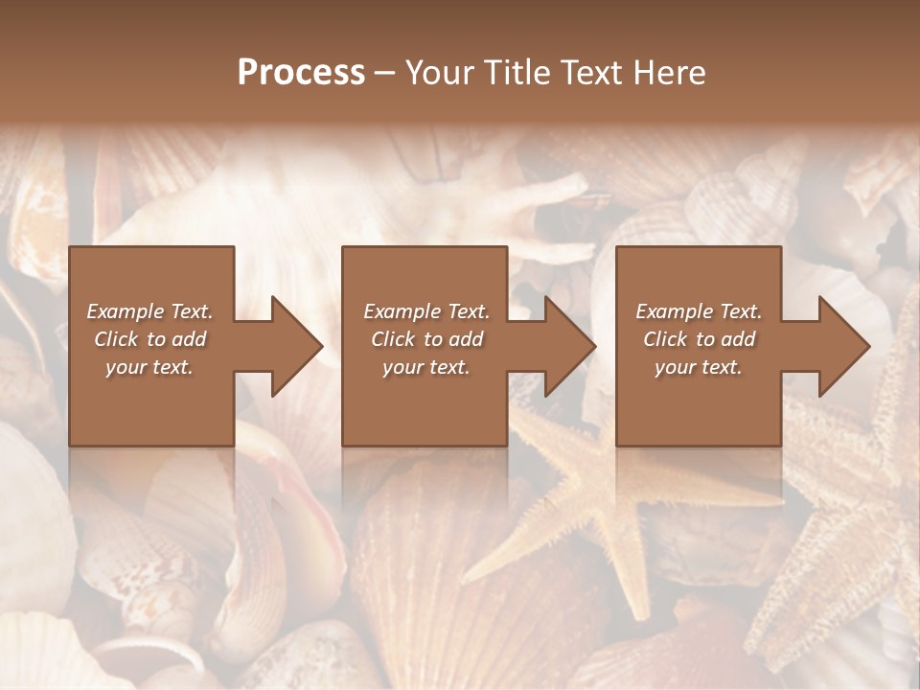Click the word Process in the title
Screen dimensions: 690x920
(301, 73)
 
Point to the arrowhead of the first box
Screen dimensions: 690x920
(292, 346)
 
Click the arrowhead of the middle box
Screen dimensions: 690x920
(565, 346)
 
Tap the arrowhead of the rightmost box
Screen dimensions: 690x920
(839, 346)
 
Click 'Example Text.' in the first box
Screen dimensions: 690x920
(149, 311)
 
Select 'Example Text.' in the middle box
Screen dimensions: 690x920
(425, 311)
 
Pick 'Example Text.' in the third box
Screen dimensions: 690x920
(699, 311)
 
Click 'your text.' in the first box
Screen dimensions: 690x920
(149, 367)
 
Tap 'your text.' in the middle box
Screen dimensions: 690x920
(425, 367)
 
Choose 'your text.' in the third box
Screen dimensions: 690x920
(699, 367)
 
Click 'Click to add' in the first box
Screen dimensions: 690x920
(149, 339)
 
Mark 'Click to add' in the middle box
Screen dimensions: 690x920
(425, 339)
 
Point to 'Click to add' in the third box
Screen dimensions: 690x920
(699, 339)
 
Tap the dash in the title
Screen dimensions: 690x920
(384, 73)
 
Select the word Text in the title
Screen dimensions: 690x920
(586, 73)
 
